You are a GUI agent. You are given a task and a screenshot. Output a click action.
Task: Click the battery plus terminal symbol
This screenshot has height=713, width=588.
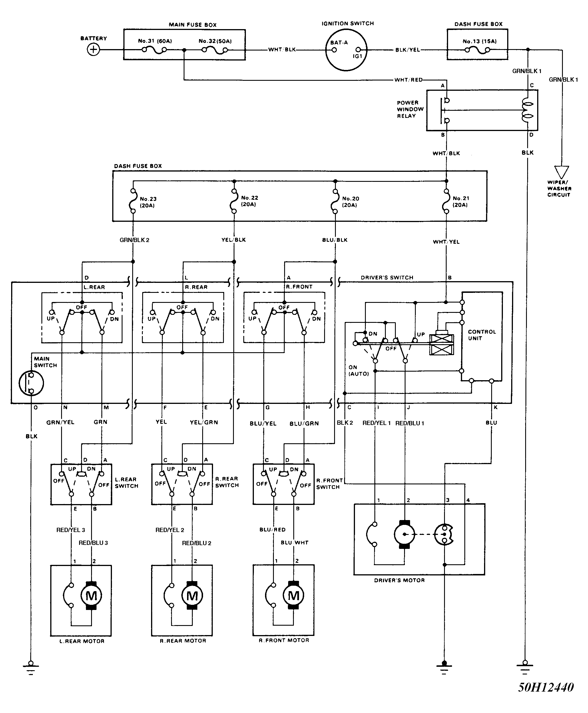tap(93, 50)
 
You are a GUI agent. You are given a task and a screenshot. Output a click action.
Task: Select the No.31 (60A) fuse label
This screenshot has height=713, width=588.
tap(155, 41)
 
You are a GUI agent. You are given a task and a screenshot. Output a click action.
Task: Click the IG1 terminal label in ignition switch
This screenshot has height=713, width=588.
tap(358, 56)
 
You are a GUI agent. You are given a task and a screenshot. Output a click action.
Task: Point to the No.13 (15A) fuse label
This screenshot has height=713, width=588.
tap(479, 41)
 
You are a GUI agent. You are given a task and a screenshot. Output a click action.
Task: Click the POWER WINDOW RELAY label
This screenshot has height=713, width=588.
tap(410, 109)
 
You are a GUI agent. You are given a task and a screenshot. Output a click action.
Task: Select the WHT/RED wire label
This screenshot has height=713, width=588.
tap(408, 80)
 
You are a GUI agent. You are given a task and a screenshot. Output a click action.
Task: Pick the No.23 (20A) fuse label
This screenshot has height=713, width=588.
tap(148, 202)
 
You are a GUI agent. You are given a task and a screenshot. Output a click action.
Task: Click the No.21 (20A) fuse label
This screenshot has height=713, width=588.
tap(461, 202)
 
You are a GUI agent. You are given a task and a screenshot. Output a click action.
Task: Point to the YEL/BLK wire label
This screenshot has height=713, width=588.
tap(233, 240)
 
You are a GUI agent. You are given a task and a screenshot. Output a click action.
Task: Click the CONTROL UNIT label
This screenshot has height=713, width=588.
tap(482, 335)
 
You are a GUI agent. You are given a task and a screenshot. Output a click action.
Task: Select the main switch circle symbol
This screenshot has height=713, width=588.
tap(31, 383)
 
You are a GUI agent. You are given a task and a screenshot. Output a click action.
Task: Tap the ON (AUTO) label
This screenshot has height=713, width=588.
tap(358, 370)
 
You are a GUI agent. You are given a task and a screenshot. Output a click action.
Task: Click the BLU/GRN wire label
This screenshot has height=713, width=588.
tap(304, 423)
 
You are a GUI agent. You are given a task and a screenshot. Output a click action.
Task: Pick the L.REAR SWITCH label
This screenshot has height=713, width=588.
tap(126, 482)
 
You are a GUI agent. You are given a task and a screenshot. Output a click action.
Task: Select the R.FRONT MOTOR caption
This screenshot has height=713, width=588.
tap(284, 640)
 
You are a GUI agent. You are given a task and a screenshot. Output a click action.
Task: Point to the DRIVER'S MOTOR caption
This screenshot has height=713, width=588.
tap(399, 580)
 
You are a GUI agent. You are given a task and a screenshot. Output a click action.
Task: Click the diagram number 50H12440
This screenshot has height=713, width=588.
tap(546, 687)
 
